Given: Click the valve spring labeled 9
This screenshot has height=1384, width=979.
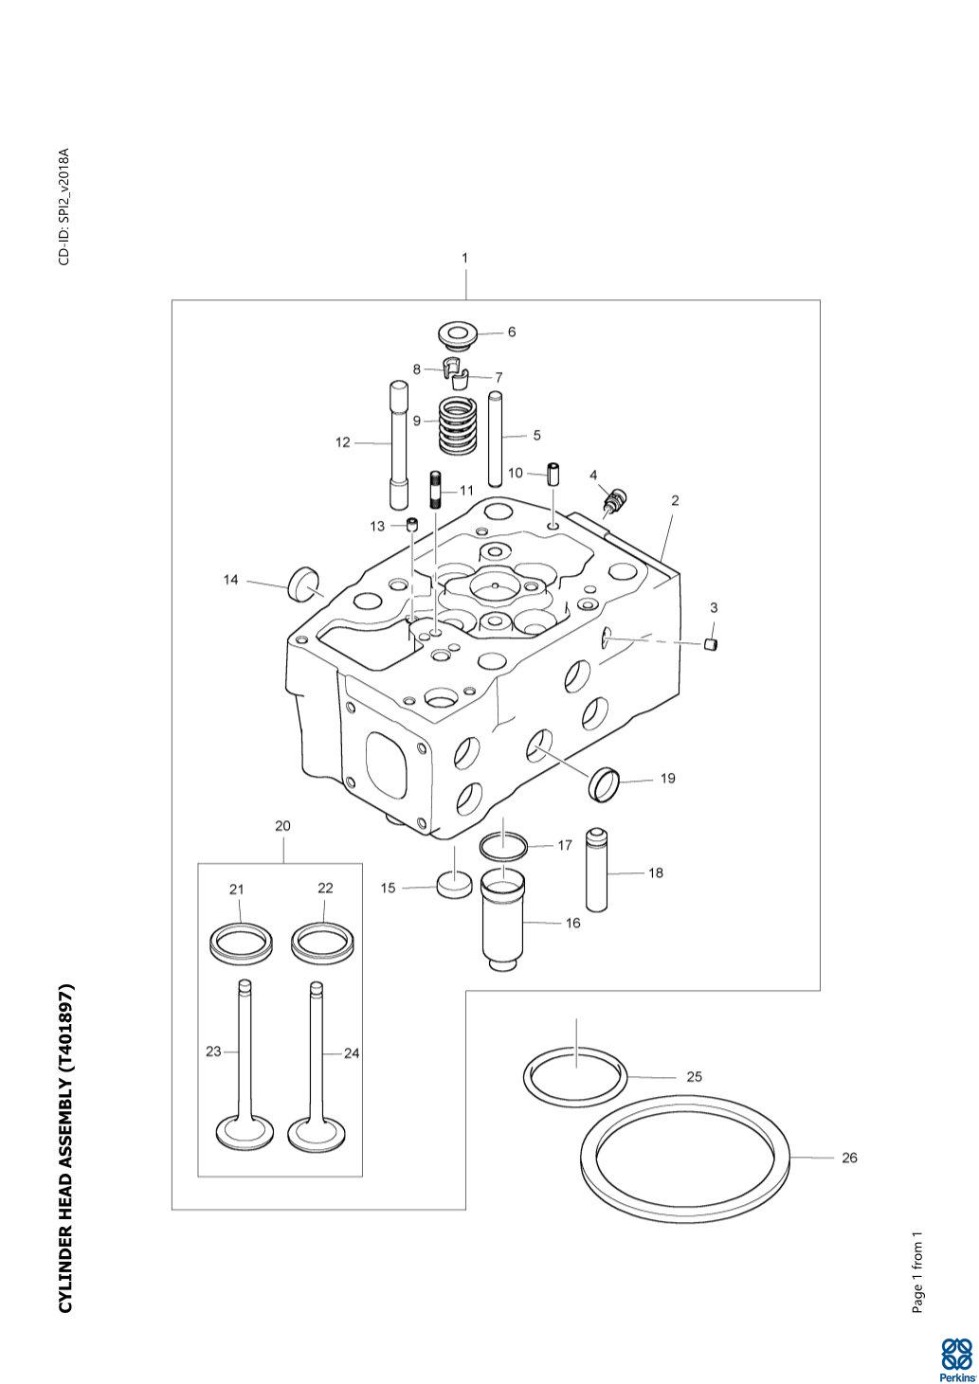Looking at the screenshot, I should click(x=459, y=427).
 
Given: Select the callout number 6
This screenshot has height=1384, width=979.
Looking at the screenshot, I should click(x=512, y=333).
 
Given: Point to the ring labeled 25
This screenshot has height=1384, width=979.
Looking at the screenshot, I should click(x=575, y=1075).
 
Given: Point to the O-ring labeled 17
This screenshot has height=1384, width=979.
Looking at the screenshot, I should click(x=503, y=843).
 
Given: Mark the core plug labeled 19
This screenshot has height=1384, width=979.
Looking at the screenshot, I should click(x=605, y=783).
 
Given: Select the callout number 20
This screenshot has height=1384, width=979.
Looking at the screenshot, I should click(x=282, y=826).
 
